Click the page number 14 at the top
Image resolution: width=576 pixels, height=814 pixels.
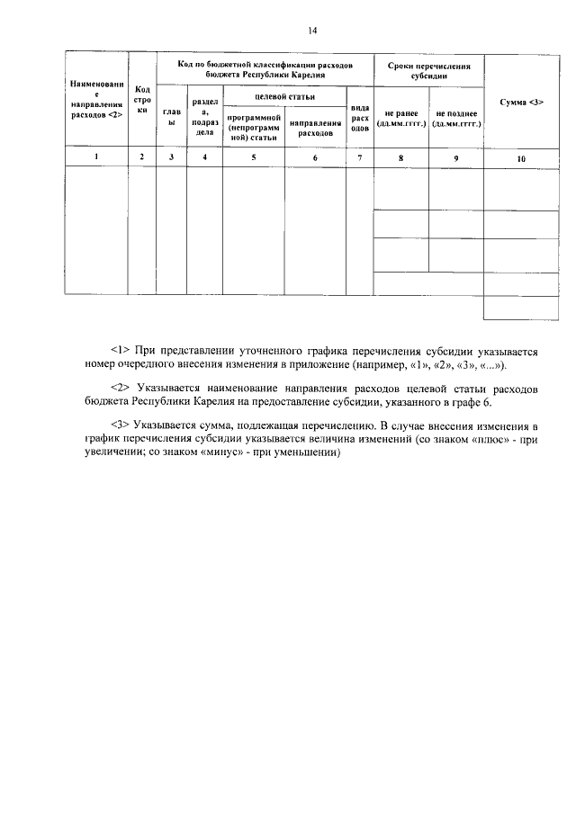pos(311,31)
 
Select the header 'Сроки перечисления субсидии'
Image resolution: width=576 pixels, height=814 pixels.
pos(428,70)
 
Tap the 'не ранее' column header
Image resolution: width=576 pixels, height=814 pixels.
pos(400,118)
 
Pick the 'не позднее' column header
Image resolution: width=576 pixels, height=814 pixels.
pos(455,118)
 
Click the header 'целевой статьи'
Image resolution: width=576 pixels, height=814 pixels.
pos(283,94)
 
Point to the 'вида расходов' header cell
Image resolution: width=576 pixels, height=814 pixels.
pos(359,117)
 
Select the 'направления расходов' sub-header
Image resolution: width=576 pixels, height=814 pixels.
pos(314,127)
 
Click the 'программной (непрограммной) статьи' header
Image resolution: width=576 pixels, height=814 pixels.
pos(253,127)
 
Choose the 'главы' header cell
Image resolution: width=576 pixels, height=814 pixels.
pos(170,117)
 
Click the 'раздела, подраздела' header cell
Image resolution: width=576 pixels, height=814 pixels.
pos(204,117)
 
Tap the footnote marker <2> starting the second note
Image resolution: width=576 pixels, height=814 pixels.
pos(121,387)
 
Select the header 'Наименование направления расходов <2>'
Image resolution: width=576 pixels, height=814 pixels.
pos(95,100)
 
